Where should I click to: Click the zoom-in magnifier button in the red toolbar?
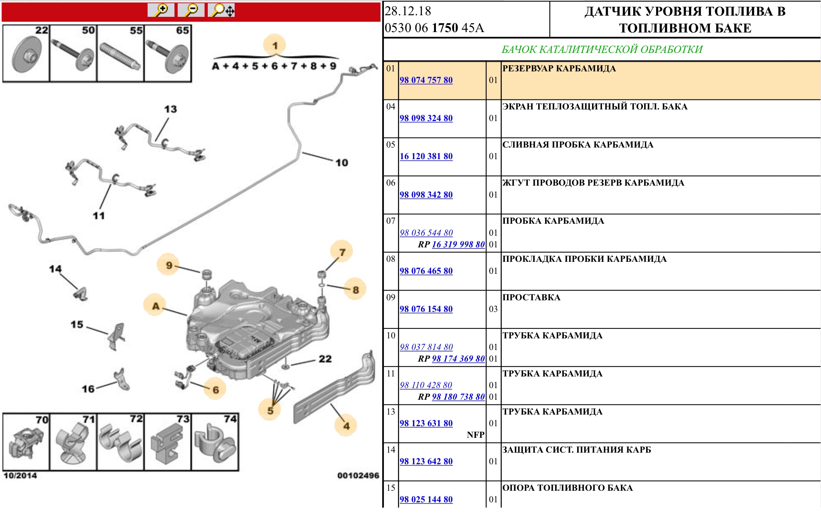pyautogui.click(x=161, y=10)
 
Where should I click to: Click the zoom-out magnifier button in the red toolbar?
pyautogui.click(x=191, y=10)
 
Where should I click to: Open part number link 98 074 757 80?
pyautogui.click(x=426, y=80)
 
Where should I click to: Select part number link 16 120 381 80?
pyautogui.click(x=426, y=156)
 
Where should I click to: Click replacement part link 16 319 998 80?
pyautogui.click(x=458, y=245)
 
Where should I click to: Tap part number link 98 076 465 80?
pyautogui.click(x=426, y=271)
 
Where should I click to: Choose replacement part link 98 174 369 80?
pyautogui.click(x=458, y=359)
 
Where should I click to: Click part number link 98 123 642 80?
pyautogui.click(x=426, y=461)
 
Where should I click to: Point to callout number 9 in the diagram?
pyautogui.click(x=169, y=265)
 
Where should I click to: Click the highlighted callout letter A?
pyautogui.click(x=156, y=306)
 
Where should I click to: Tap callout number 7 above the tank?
pyautogui.click(x=342, y=252)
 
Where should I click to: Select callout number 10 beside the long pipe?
pyautogui.click(x=342, y=163)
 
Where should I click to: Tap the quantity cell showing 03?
pyautogui.click(x=493, y=309)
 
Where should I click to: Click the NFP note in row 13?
pyautogui.click(x=475, y=435)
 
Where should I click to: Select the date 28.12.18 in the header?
pyautogui.click(x=408, y=11)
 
